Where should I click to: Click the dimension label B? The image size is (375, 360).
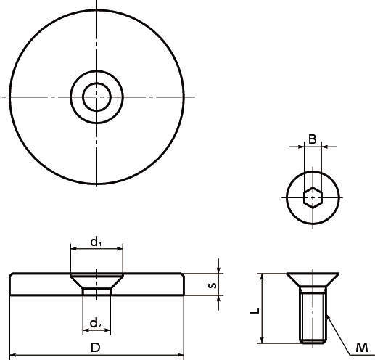[x=313, y=139]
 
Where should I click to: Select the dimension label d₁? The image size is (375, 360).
[x=96, y=242]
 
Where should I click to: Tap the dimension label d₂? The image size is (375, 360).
[x=96, y=323]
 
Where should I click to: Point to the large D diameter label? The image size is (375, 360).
[x=96, y=348]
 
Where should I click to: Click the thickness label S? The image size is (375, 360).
[x=212, y=285]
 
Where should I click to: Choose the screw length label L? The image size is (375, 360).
[x=255, y=311]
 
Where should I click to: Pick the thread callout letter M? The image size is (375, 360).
[x=362, y=348]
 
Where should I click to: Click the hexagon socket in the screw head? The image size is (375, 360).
[x=313, y=197]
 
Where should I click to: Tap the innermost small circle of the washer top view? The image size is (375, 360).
[x=96, y=83]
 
